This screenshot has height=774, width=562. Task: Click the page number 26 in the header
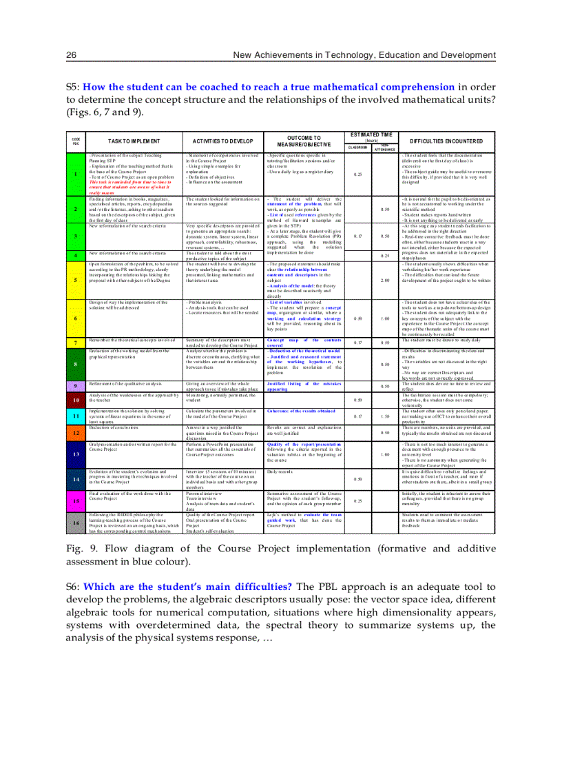click(70, 54)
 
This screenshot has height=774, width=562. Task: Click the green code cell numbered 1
click(75, 174)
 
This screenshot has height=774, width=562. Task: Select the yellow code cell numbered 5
click(75, 281)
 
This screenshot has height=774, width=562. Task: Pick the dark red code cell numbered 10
click(75, 399)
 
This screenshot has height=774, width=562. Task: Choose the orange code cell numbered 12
click(75, 434)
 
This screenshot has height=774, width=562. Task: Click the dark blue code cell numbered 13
click(75, 455)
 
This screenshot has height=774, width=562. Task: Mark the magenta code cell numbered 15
click(75, 500)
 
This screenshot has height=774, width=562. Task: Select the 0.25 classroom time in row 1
click(357, 174)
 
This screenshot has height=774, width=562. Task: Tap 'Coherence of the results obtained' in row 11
click(302, 410)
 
